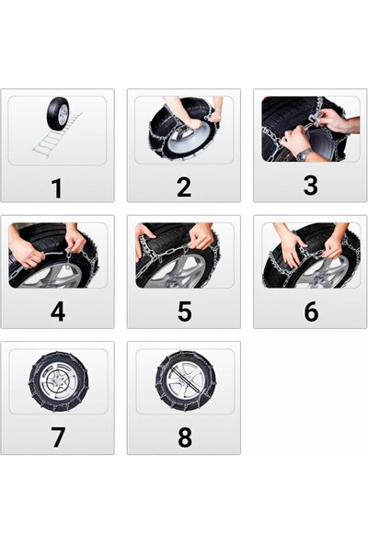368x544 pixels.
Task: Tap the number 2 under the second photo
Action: point(184,187)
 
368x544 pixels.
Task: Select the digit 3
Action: point(310,187)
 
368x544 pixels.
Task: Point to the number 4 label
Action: point(57,312)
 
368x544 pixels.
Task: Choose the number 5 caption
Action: point(184,312)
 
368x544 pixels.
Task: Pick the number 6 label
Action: point(310,312)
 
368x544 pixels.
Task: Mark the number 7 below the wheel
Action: point(57,438)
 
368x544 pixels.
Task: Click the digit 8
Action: point(184,438)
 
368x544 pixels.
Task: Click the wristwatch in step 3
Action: point(305,153)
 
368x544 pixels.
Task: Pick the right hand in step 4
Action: point(75,242)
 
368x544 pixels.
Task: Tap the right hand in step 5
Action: point(201,238)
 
